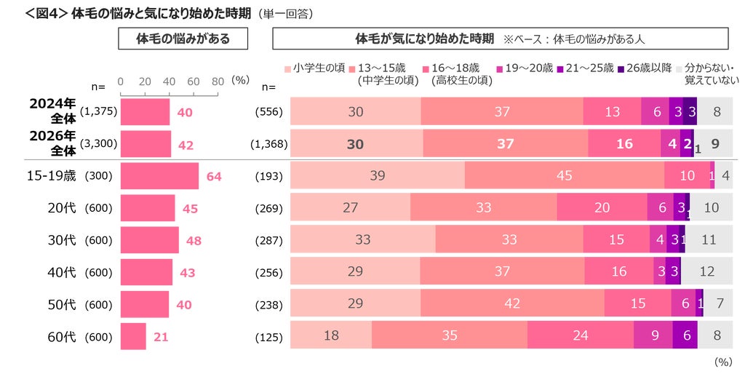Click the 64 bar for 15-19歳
click(x=159, y=176)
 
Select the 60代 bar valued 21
click(x=134, y=336)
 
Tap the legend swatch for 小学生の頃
click(x=287, y=69)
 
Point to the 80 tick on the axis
click(x=218, y=93)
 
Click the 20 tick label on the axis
click(x=145, y=81)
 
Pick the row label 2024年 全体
click(x=52, y=111)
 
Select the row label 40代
click(x=62, y=273)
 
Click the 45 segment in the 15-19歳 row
click(x=565, y=175)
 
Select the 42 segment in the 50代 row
click(x=512, y=303)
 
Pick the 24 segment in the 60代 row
click(x=580, y=335)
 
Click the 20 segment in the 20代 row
click(x=602, y=207)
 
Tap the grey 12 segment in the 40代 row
click(x=706, y=271)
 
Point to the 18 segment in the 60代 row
click(x=331, y=335)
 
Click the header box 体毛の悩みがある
click(x=183, y=39)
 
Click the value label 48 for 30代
click(x=194, y=240)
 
